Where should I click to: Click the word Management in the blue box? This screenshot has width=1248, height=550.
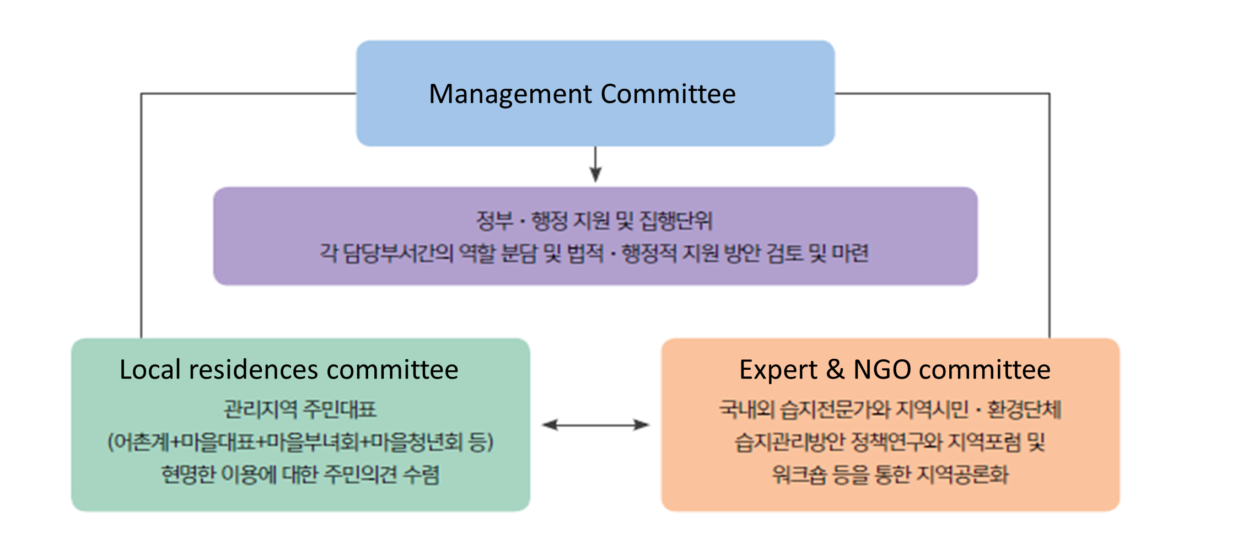[510, 94]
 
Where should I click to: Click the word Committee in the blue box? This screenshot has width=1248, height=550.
[668, 94]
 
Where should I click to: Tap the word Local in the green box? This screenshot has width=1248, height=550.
[150, 370]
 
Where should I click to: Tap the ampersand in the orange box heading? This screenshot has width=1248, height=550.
[835, 370]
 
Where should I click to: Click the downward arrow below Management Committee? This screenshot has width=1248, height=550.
[595, 165]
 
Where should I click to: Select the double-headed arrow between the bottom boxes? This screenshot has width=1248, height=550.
[595, 425]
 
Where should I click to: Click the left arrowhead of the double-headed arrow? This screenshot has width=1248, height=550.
[548, 425]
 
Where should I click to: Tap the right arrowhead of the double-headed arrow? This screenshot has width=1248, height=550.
[643, 425]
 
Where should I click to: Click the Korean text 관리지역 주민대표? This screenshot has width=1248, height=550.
[300, 409]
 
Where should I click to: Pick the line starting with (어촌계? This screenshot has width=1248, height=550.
[300, 442]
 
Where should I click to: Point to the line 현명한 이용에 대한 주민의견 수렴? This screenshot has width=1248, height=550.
[300, 474]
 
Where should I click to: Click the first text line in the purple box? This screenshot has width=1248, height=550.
[594, 221]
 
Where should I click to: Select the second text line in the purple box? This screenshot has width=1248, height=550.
[594, 254]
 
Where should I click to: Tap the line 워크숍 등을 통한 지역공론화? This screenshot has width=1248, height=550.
[890, 474]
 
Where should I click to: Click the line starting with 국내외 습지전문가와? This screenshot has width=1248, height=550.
[890, 409]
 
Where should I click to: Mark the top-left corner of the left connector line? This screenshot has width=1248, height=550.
[142, 94]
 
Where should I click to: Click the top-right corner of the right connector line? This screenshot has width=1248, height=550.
[1049, 94]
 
